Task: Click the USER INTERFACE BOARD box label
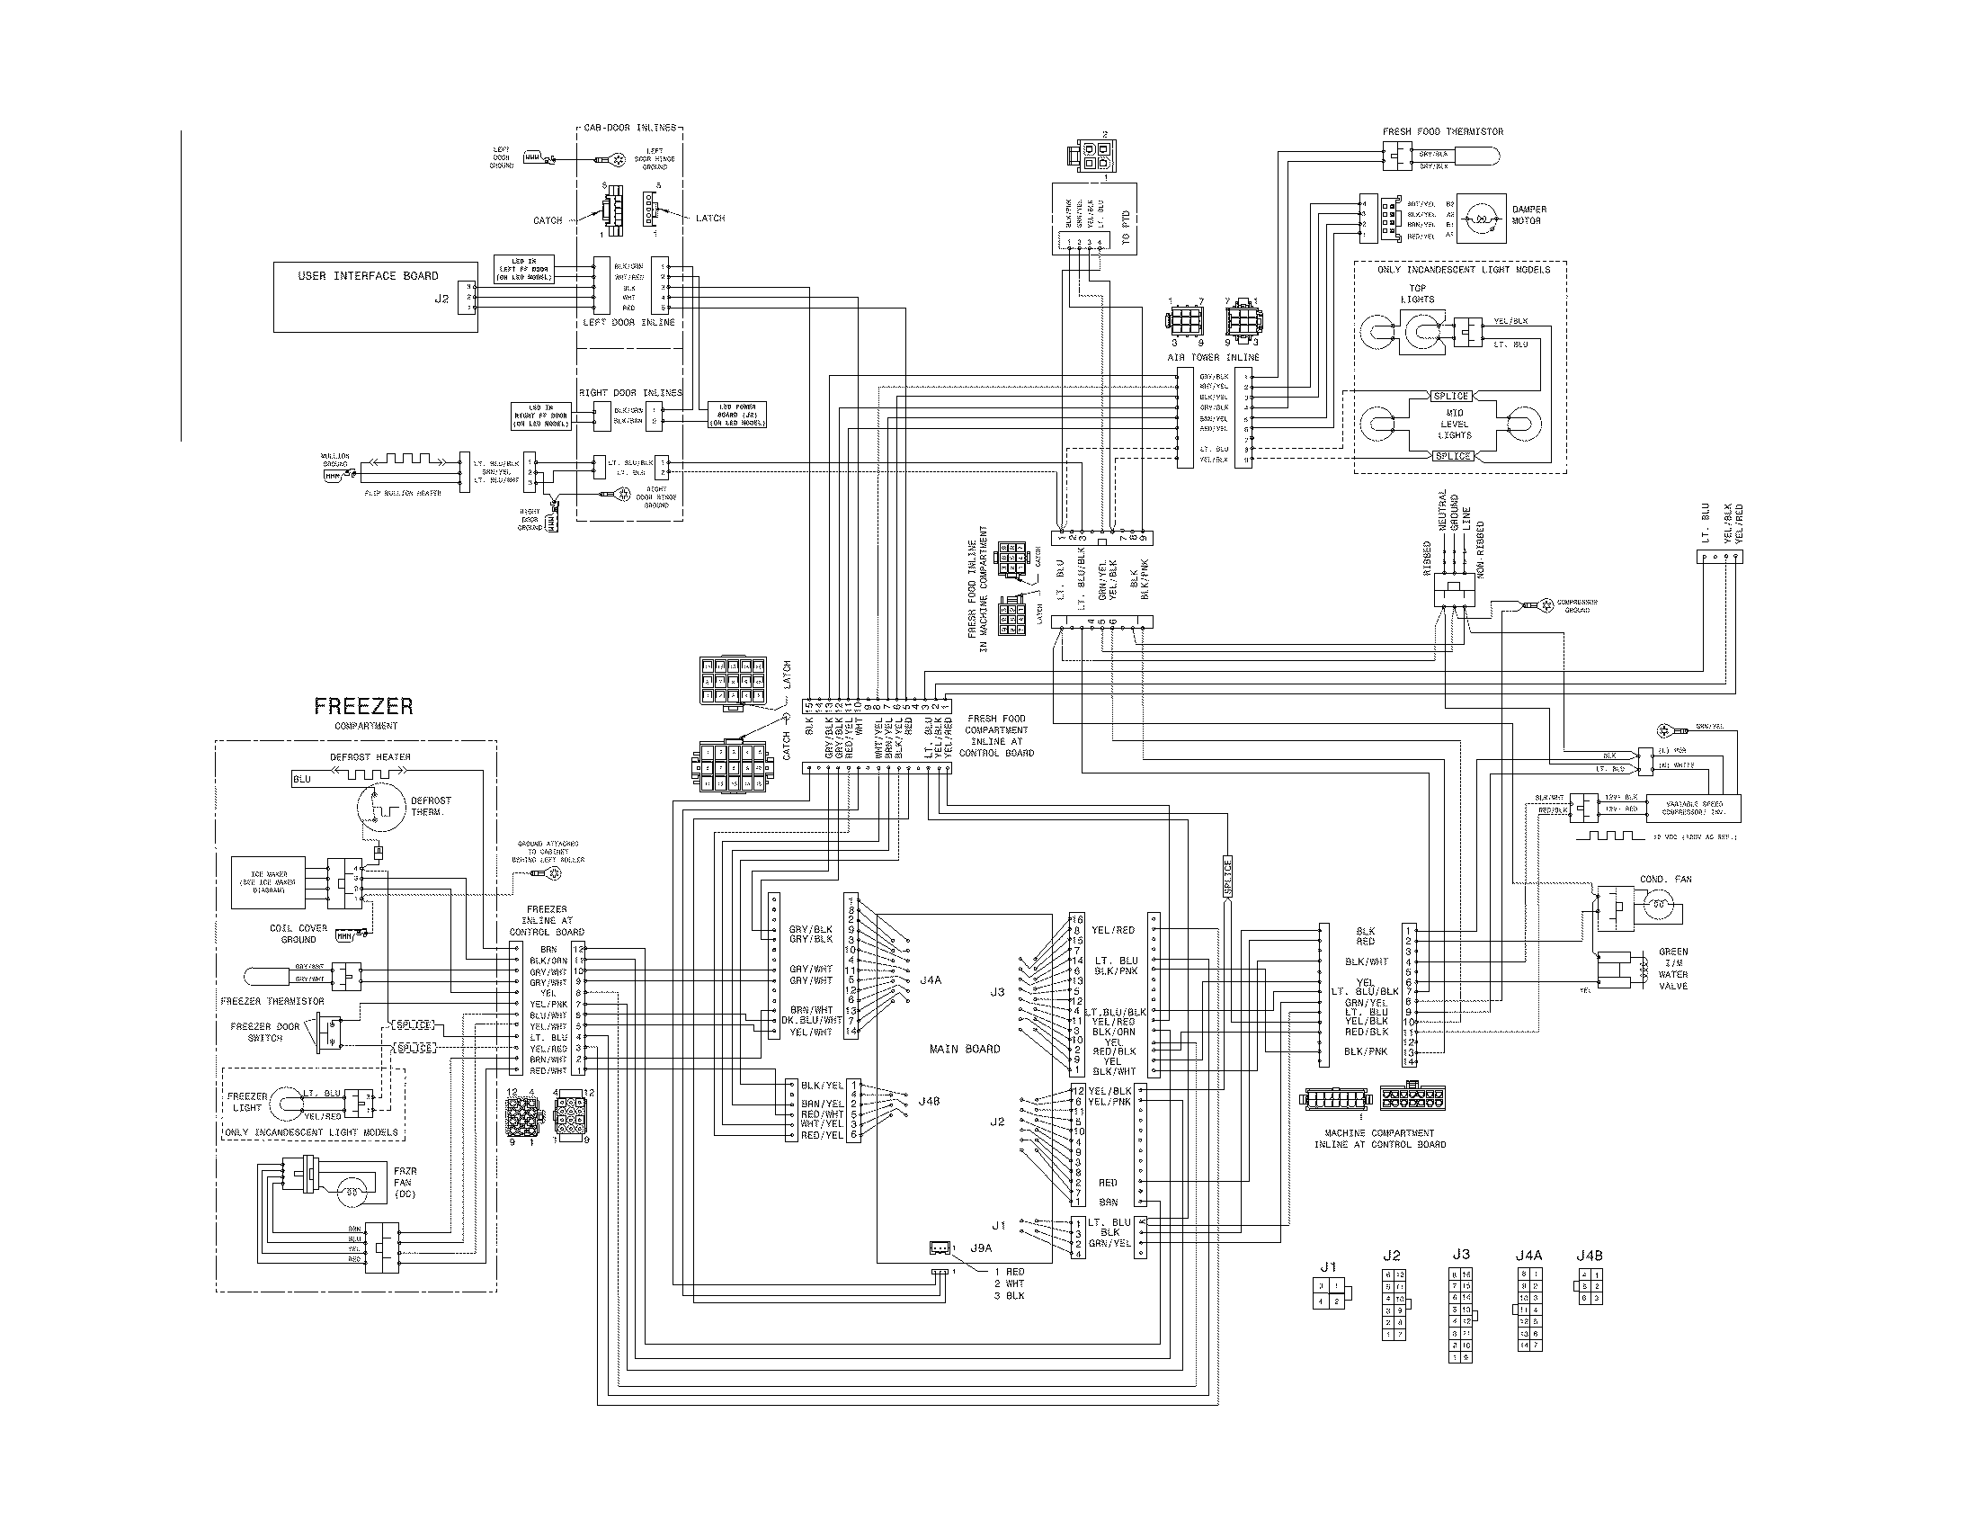tap(368, 275)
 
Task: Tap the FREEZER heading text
tap(363, 706)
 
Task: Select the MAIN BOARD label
tap(965, 1049)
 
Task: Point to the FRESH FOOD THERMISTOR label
tap(1442, 131)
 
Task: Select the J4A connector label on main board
tap(930, 980)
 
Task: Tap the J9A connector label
tap(981, 1247)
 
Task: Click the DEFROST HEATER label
tap(369, 756)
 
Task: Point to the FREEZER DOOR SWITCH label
tap(264, 1033)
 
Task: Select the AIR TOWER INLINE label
tap(1213, 358)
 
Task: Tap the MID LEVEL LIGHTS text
tap(1455, 424)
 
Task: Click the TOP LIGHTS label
tap(1417, 293)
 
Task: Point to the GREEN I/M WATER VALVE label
tap(1673, 969)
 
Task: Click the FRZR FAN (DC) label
tap(405, 1182)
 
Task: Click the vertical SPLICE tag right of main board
tap(1228, 877)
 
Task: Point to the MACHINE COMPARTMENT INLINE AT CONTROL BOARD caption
tap(1379, 1139)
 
